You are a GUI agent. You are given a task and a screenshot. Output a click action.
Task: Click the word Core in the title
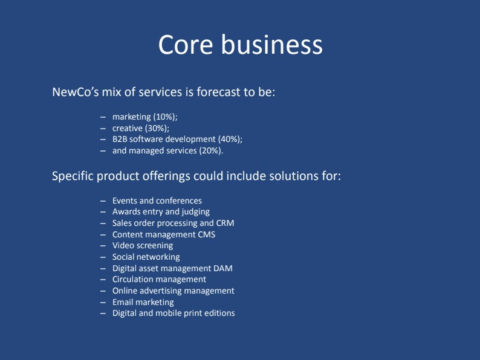point(186,45)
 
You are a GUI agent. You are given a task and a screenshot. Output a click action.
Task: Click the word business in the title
point(272,44)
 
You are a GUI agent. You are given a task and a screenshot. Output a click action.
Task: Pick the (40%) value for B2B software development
point(230,140)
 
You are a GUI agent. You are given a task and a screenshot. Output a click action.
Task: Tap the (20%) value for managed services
point(211,151)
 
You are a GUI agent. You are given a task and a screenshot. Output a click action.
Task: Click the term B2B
point(120,139)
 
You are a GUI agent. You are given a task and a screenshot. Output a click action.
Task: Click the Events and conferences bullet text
point(157,201)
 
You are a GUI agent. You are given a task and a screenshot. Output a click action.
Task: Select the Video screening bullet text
point(143,246)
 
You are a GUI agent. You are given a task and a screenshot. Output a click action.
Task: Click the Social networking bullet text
point(146,257)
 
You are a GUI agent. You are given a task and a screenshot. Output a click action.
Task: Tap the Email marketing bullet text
point(143,302)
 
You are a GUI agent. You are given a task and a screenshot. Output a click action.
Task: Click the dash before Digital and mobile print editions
point(103,313)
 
